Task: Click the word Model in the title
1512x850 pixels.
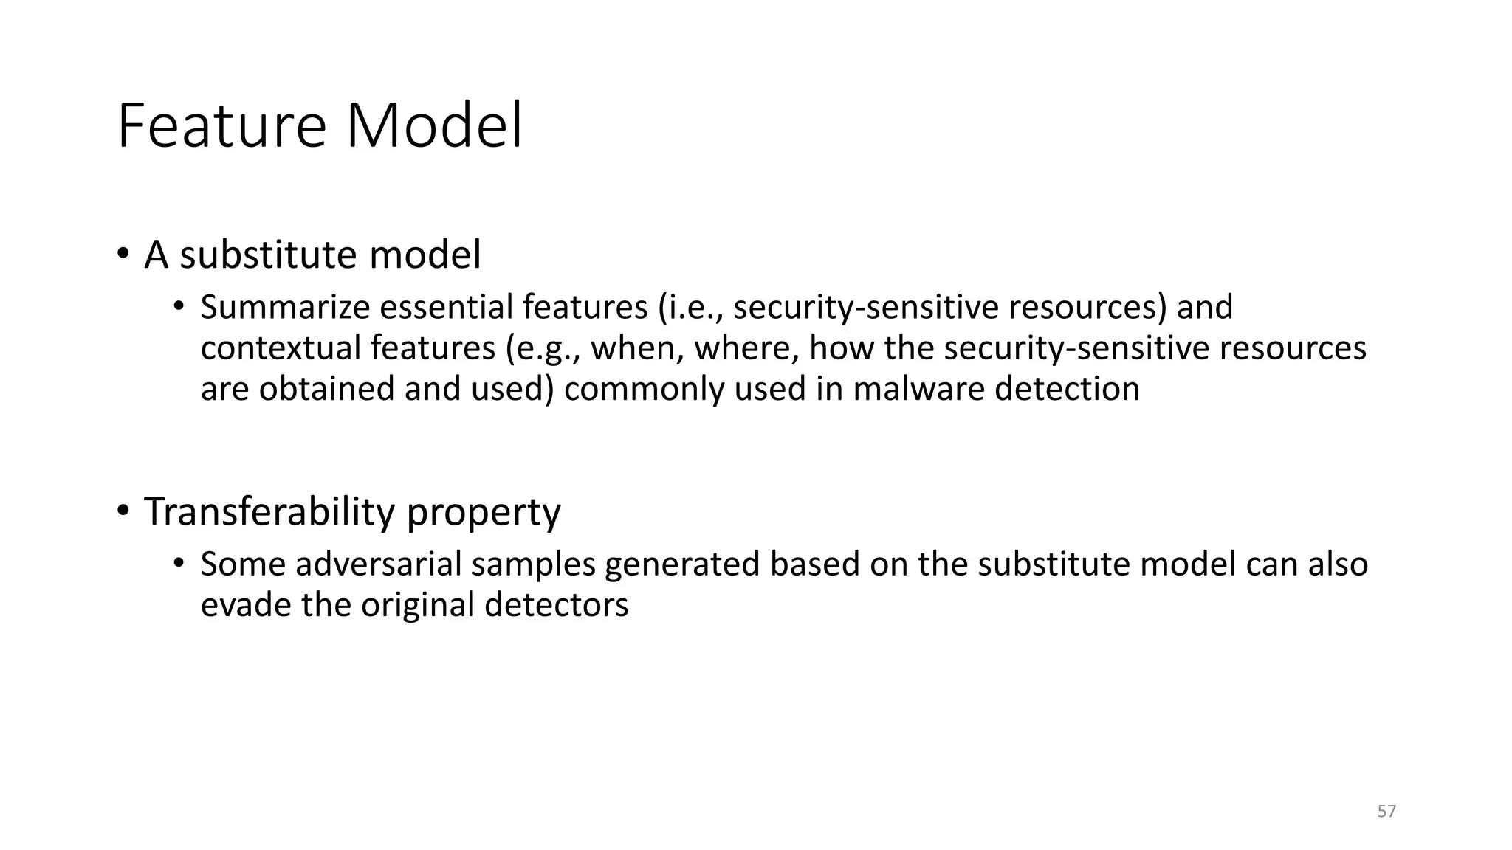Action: click(x=434, y=127)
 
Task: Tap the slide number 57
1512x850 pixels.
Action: click(x=1386, y=812)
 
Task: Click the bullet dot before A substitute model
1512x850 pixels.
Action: click(x=123, y=255)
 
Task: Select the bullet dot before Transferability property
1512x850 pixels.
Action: click(x=123, y=511)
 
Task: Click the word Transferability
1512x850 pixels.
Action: click(x=269, y=512)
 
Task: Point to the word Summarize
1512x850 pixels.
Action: click(x=284, y=308)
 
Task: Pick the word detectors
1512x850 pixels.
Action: click(x=556, y=606)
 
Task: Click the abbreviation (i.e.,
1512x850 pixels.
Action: click(x=690, y=308)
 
